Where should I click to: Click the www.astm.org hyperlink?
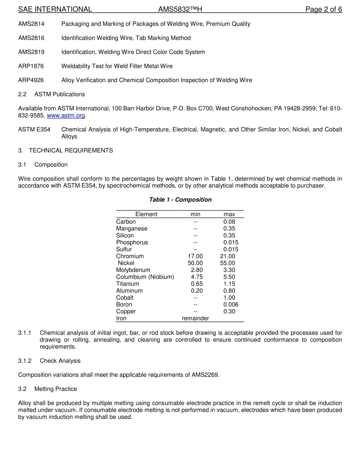coord(66,115)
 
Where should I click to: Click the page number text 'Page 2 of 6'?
coord(324,9)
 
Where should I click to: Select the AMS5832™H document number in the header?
coord(180,9)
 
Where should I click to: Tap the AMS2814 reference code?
coord(31,24)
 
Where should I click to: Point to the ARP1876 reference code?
coord(31,66)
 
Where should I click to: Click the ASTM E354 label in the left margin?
coord(34,129)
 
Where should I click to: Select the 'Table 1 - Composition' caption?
coord(180,199)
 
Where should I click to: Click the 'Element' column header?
coord(146,214)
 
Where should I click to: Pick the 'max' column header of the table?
coord(229,214)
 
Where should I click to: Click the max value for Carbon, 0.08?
coord(229,221)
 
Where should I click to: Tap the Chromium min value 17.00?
coord(195,256)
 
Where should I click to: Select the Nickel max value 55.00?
coord(227,263)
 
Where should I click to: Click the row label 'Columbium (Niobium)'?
coord(145,277)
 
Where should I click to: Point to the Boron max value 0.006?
coord(231,305)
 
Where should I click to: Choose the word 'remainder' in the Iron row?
coord(195,318)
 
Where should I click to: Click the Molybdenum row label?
coord(133,270)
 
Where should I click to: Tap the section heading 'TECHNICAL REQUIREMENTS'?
coord(71,151)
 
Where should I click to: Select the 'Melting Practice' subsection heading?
coord(56,389)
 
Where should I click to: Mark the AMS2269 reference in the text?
coord(205,375)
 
